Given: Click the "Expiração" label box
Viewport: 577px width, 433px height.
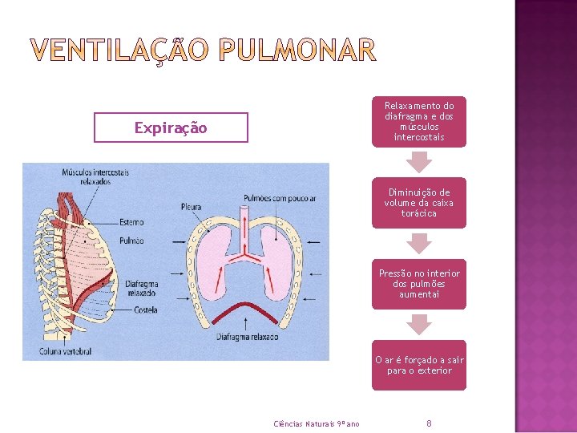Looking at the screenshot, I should click(171, 127).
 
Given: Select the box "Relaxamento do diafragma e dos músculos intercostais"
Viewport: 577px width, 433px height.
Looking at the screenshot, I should click(418, 121).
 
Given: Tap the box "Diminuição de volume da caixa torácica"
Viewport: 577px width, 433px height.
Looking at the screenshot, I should click(418, 203).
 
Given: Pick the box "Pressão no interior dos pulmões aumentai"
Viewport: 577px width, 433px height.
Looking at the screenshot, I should click(418, 284).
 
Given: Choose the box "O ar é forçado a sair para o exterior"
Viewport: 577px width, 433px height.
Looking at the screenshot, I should click(418, 366).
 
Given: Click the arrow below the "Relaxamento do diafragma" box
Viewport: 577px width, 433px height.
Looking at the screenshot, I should click(418, 162).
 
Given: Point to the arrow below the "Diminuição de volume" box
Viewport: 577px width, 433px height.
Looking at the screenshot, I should click(418, 243).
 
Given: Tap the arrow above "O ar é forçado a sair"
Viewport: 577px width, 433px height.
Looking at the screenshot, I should click(418, 324).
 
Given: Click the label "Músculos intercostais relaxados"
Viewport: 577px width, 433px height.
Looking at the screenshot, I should click(95, 176).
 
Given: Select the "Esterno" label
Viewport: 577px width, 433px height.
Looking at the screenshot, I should click(131, 222).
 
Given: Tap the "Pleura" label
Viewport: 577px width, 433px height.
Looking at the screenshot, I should click(191, 207).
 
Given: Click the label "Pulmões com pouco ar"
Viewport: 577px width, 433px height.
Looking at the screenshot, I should click(280, 198).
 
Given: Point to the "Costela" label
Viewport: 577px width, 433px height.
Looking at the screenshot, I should click(146, 310).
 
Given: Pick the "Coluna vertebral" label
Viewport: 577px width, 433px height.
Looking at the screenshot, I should click(66, 351).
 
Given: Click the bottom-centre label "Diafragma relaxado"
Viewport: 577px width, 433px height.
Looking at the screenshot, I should click(247, 338).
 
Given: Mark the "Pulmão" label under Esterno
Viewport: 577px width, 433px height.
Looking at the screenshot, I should click(131, 240).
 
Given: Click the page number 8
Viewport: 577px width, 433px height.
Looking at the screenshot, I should click(430, 423).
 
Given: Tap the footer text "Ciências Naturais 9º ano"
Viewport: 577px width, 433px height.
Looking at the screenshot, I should click(317, 423).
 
